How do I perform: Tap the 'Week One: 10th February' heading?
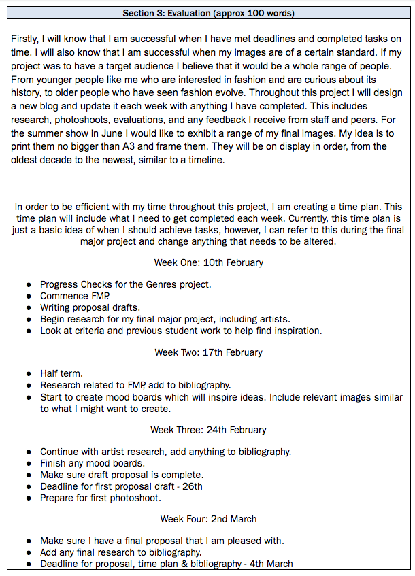pyautogui.click(x=208, y=262)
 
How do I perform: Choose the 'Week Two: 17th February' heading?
pyautogui.click(x=208, y=352)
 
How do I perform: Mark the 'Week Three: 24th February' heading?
pyautogui.click(x=208, y=430)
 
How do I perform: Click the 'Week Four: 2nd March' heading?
pyautogui.click(x=208, y=519)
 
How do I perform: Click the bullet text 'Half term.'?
pyautogui.click(x=61, y=373)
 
